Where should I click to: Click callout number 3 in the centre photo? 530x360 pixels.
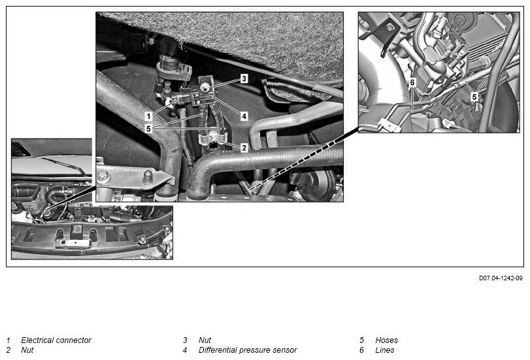coord(244,78)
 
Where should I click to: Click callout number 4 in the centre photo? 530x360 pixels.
coord(244,116)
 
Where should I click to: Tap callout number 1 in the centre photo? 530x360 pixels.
coord(148,116)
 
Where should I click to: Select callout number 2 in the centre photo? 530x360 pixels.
coord(244,148)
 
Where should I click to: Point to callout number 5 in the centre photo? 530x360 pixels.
coord(148,129)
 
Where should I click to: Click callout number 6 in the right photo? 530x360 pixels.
coord(412,82)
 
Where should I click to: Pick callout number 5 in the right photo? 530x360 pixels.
coord(474,97)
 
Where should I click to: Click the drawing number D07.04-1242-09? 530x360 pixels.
coord(501,278)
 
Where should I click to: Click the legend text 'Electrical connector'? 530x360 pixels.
coord(56,340)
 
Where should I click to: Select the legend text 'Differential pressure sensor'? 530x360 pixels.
coord(248,350)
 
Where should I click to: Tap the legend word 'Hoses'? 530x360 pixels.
coord(387,340)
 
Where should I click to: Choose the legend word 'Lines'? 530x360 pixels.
coord(385,350)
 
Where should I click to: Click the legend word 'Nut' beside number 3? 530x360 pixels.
coord(205,340)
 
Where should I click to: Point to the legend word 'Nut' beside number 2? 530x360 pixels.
coord(27,350)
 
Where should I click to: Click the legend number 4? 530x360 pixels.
coord(185,350)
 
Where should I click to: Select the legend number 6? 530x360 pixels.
coord(361,350)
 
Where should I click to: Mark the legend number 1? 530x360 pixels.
coord(8,340)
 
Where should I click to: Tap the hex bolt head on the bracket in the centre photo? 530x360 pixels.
coord(103,176)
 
